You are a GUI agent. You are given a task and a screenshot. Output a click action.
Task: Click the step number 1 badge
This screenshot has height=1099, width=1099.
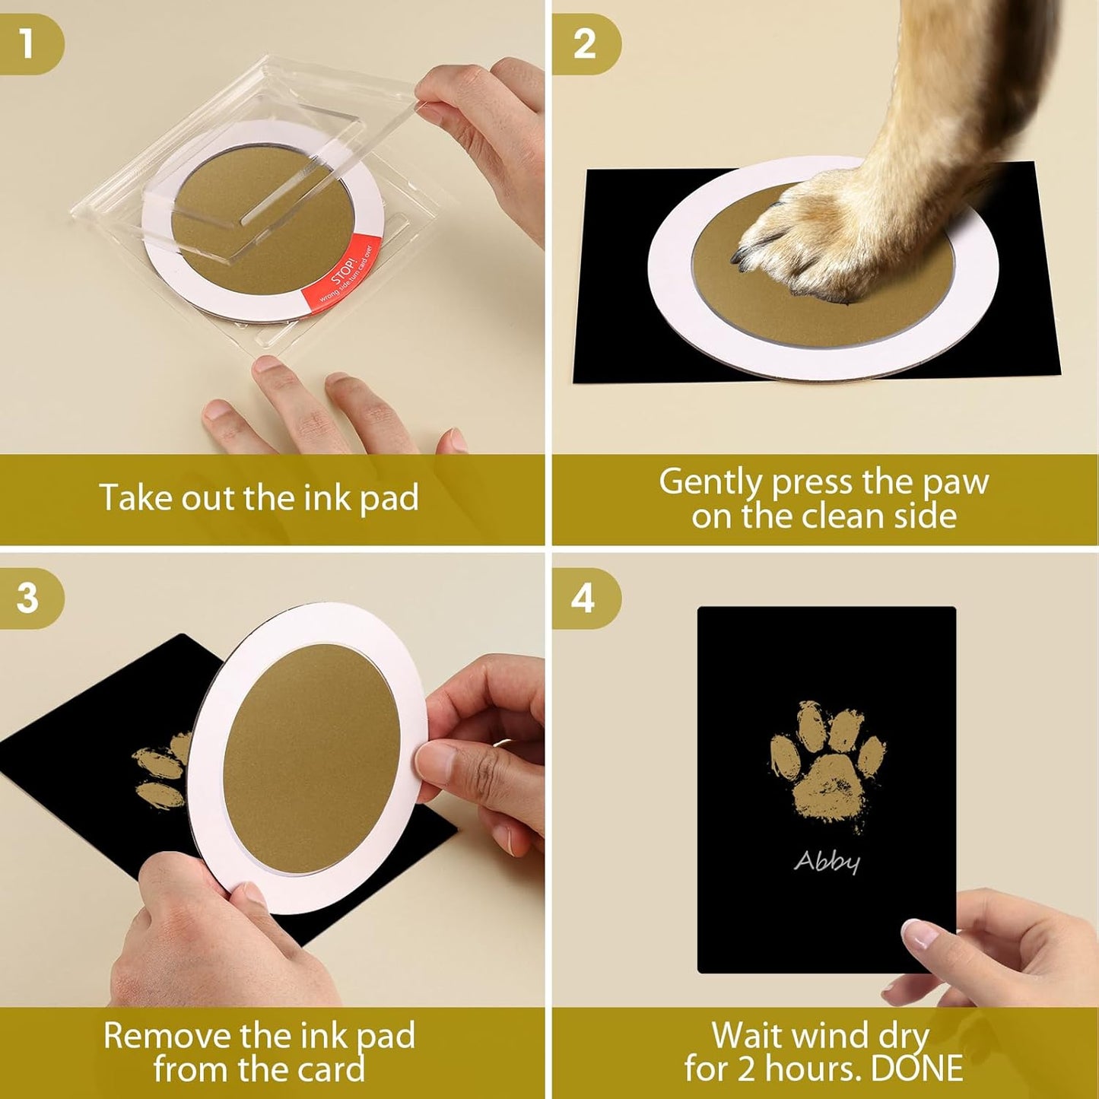click(28, 44)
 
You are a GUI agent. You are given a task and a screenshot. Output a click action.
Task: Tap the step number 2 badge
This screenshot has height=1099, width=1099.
click(583, 44)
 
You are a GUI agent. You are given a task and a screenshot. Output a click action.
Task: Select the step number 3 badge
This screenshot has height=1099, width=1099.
click(28, 598)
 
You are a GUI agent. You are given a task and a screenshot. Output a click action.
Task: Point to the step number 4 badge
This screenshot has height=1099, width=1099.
click(583, 598)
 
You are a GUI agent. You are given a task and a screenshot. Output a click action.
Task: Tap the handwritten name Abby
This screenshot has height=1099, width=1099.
click(827, 861)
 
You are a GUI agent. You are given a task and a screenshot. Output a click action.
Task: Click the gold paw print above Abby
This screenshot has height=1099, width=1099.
click(827, 764)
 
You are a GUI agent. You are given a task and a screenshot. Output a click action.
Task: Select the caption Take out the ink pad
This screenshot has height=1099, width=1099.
click(259, 498)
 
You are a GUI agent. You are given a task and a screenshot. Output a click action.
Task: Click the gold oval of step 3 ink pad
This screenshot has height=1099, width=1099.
click(312, 757)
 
